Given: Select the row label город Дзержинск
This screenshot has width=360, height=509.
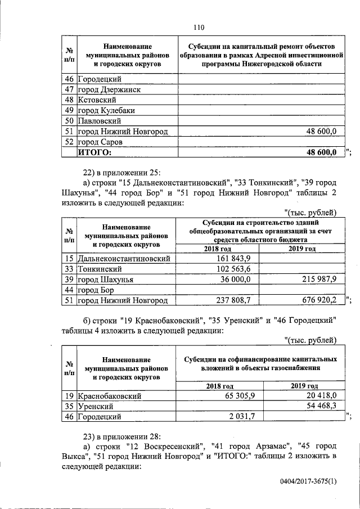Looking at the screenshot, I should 109,89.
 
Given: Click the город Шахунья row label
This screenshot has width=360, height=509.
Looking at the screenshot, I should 105,280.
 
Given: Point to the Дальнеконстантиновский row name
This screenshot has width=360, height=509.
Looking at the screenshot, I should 124,259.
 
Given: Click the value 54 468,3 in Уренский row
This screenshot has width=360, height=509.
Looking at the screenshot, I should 318,406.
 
